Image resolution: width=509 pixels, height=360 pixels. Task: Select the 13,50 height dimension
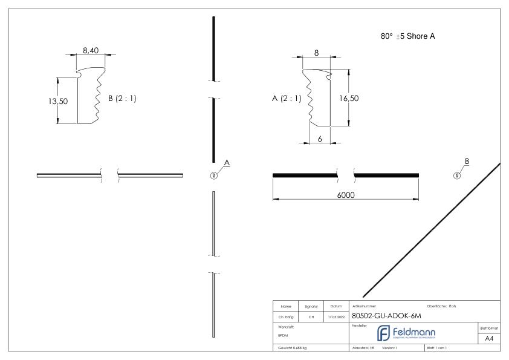[58, 101]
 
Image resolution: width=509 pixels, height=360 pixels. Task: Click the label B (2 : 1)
[122, 99]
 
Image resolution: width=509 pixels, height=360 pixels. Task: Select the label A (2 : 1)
[286, 98]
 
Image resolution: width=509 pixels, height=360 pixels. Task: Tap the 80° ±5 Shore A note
[405, 36]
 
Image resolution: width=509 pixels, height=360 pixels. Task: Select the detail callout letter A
[227, 162]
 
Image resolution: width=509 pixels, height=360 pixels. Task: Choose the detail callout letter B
[466, 162]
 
